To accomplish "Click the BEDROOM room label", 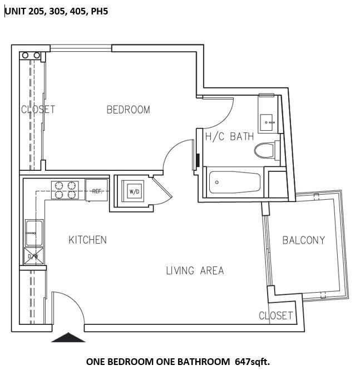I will (x=128, y=110).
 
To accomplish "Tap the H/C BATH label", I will (x=229, y=136).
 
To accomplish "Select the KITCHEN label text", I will (x=87, y=240).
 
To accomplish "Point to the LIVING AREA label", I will (x=195, y=271).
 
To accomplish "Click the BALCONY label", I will (x=303, y=240).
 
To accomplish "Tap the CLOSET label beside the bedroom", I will (x=38, y=109).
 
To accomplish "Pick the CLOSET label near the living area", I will (x=275, y=315).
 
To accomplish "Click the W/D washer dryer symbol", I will (x=134, y=192).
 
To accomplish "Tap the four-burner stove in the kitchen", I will (x=65, y=190).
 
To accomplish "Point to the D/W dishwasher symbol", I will (x=33, y=255).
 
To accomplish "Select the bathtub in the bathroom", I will (x=234, y=181).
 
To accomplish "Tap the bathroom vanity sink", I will (x=268, y=119).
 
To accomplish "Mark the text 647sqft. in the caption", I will (x=252, y=362).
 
